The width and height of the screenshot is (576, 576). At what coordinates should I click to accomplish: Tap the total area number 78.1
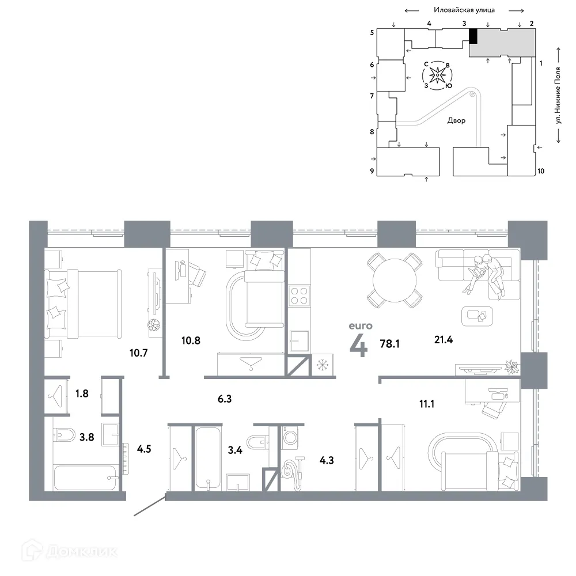coord(389,344)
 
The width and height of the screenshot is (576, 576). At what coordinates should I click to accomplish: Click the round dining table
coord(395,281)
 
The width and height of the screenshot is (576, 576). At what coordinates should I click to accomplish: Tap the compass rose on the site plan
coord(438,75)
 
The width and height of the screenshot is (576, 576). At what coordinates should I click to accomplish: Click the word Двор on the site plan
coord(456,121)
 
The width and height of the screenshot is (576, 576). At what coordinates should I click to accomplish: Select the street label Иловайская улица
coord(466,10)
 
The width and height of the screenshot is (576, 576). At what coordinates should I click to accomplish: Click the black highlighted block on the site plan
coord(473,36)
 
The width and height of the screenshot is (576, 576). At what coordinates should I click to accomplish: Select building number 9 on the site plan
coord(372,171)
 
